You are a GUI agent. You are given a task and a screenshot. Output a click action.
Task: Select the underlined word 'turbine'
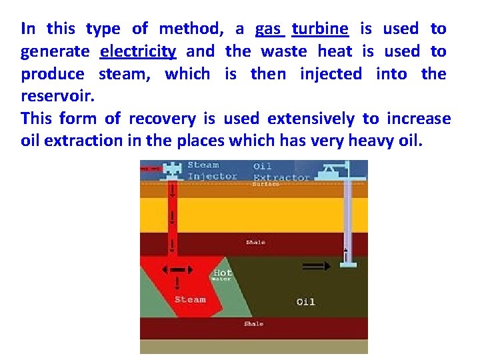(320, 29)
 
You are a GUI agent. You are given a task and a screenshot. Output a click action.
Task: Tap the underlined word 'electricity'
(138, 51)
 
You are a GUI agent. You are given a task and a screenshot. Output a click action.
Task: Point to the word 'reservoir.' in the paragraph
(58, 96)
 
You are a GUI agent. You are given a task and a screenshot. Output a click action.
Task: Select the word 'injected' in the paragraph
(331, 73)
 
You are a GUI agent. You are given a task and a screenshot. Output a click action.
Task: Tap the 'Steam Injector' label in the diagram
(212, 171)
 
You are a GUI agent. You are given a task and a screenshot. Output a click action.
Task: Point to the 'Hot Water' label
(222, 275)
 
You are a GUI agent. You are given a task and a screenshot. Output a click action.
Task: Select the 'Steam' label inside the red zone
(190, 299)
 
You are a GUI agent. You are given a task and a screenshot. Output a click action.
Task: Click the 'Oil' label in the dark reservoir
(305, 302)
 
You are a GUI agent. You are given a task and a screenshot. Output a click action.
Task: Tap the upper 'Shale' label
(255, 242)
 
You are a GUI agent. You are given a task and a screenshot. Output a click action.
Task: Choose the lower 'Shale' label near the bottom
(253, 323)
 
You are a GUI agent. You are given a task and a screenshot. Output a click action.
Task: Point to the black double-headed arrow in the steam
(178, 270)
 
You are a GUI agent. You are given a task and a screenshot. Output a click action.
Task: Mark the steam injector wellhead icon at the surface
(172, 169)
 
